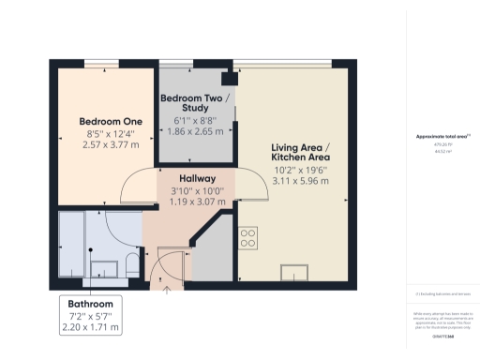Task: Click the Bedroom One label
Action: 109,121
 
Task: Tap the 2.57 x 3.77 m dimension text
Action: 109,145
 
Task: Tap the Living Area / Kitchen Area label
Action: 300,152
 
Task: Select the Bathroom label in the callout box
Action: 90,305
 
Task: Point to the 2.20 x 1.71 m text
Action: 90,327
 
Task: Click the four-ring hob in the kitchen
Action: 248,238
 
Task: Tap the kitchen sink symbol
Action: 292,272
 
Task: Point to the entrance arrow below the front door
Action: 167,289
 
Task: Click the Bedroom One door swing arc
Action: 128,187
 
